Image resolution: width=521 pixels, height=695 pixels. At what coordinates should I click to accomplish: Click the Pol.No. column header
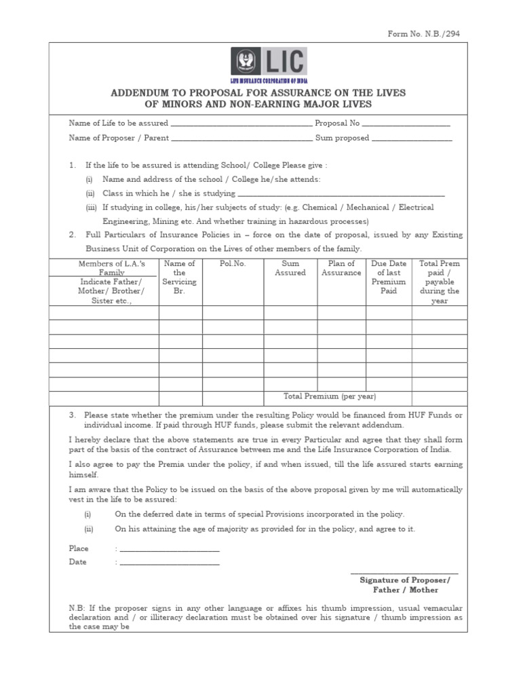(233, 263)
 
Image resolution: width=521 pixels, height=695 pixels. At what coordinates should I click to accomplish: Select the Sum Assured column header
(290, 268)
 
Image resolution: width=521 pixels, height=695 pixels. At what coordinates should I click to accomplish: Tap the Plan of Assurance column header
(341, 268)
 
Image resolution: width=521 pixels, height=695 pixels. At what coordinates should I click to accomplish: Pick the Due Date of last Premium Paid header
(389, 277)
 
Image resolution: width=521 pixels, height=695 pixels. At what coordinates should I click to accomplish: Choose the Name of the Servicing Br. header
(180, 277)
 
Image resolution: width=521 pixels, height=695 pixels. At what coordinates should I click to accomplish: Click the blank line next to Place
(169, 550)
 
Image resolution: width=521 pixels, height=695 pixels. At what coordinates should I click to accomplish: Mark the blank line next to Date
(169, 564)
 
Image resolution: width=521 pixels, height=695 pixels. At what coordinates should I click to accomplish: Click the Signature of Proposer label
(404, 580)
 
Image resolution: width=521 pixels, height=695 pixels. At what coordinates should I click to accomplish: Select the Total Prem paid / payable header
(439, 282)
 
